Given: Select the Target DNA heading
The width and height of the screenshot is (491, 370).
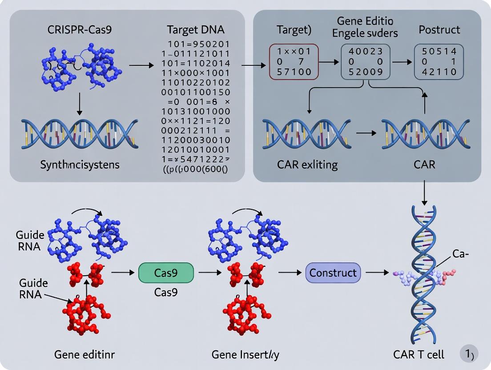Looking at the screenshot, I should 196,30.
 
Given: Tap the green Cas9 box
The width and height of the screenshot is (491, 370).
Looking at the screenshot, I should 166,273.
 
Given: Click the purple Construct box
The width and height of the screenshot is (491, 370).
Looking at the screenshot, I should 333,273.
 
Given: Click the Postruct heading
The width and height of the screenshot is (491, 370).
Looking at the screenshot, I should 439,30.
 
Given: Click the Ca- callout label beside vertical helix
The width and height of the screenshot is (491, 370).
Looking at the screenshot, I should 462,254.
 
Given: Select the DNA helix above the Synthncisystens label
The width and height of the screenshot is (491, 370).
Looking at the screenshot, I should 79,132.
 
